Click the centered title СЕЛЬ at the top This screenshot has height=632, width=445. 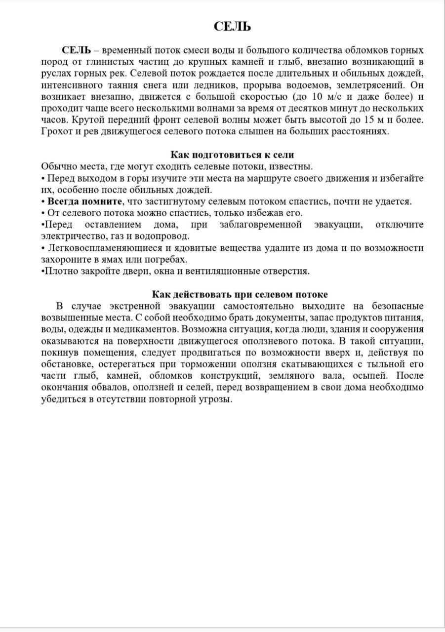click(232, 27)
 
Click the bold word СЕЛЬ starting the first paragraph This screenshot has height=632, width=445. click(76, 51)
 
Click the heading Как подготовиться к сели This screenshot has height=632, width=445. click(233, 155)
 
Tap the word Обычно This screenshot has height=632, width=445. click(58, 166)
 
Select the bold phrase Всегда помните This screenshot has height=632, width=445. click(84, 201)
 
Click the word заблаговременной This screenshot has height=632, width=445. click(260, 225)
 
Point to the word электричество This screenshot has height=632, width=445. click(71, 236)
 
